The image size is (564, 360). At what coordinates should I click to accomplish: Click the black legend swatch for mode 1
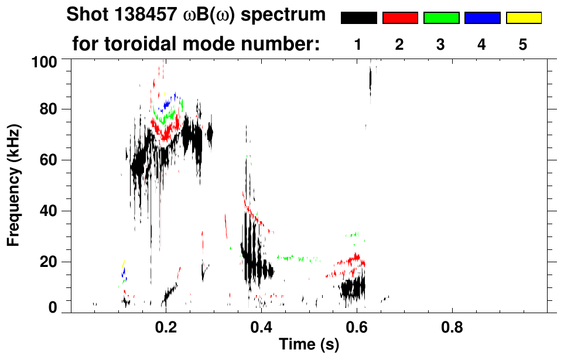click(359, 18)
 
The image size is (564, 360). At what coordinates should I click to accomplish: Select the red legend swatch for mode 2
click(400, 18)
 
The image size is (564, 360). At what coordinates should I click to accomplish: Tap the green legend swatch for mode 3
click(441, 18)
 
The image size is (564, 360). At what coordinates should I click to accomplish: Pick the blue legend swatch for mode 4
click(482, 18)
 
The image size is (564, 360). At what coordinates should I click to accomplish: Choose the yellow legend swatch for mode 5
click(523, 18)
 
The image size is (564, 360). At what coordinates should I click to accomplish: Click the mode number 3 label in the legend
click(441, 44)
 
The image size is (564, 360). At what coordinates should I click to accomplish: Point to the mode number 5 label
click(523, 44)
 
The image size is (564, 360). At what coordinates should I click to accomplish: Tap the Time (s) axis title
click(309, 345)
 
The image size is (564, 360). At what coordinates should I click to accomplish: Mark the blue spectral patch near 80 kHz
click(168, 104)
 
